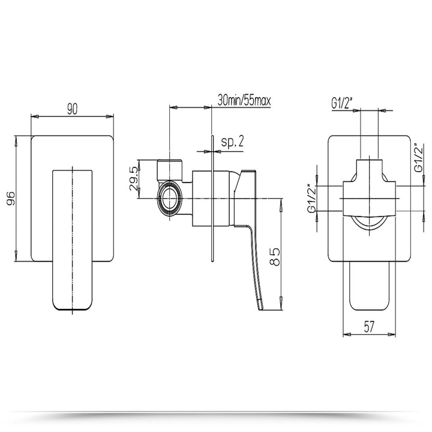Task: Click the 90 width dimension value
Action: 73,109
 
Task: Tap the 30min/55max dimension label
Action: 245,101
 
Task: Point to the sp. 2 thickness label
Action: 230,142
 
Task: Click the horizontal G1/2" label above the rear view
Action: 343,104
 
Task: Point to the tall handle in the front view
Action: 74,240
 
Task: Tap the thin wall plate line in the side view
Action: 212,198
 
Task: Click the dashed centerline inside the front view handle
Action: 74,240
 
